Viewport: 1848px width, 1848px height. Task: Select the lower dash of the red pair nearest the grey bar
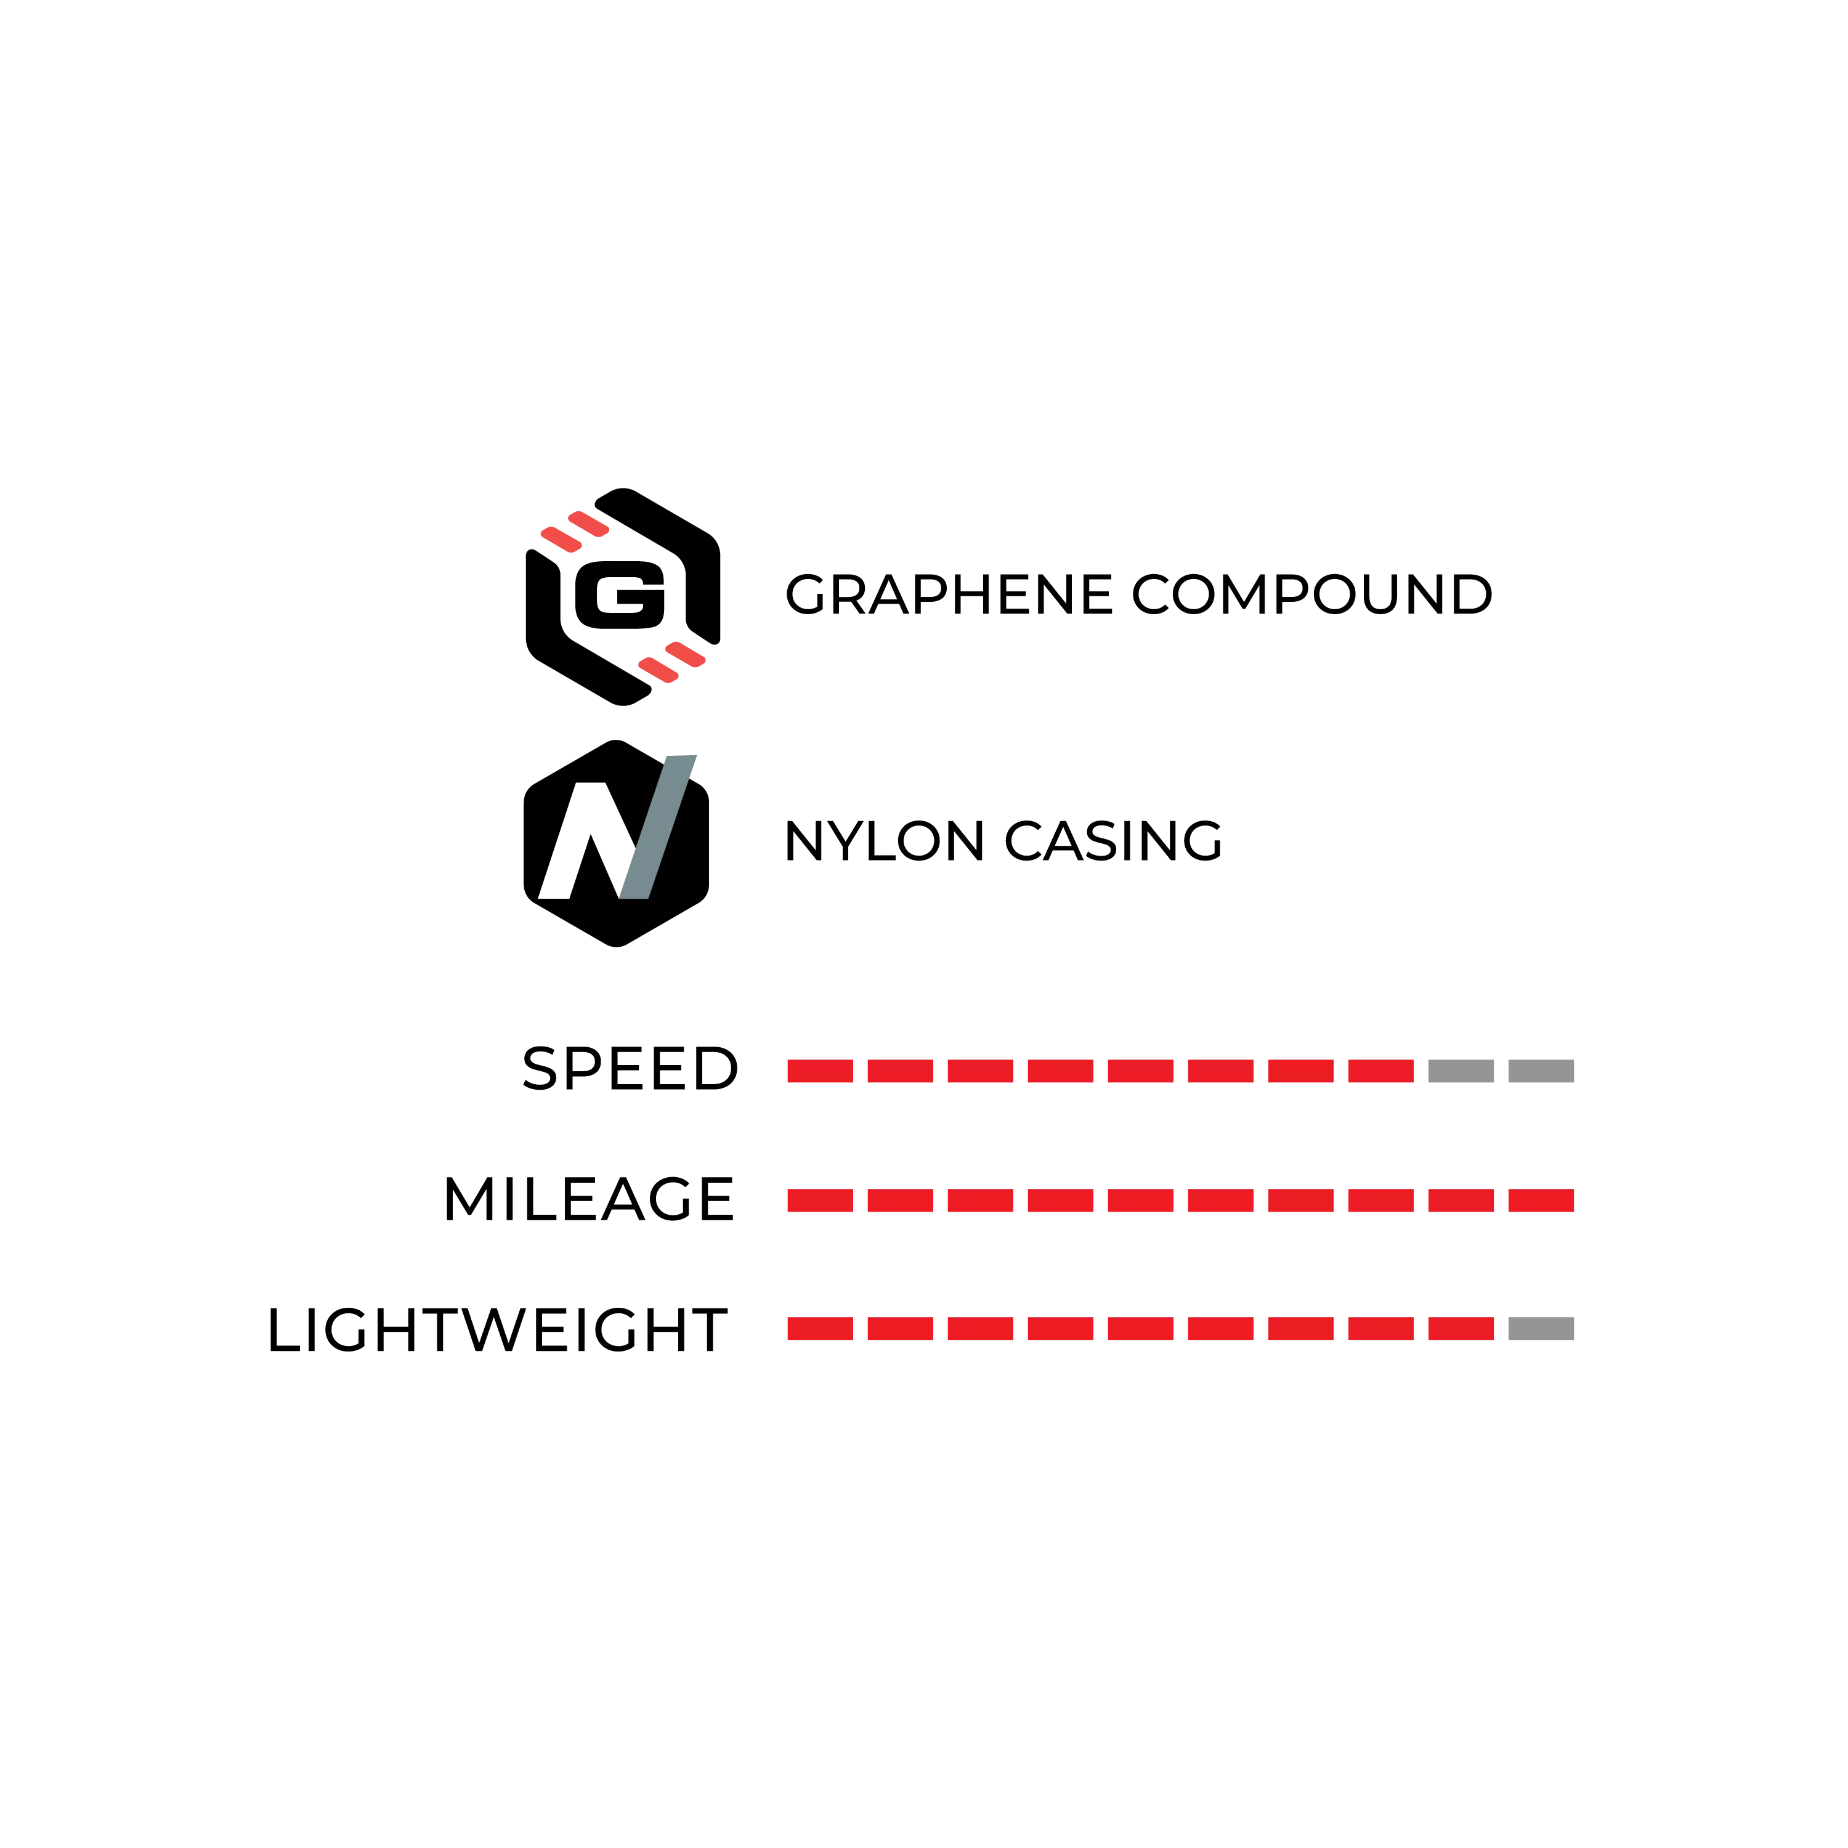(658, 670)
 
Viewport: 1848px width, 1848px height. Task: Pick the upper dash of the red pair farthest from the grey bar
(588, 522)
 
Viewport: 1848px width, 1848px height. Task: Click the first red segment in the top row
(821, 1071)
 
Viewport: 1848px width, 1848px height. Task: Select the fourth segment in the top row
(1060, 1071)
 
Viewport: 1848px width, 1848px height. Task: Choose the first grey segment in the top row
(1461, 1071)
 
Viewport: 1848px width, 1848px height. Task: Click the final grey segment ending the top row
(1542, 1071)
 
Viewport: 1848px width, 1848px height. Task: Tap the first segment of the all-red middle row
(821, 1199)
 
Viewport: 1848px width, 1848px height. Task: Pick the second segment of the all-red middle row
(901, 1199)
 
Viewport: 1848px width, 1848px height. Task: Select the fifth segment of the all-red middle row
(1140, 1199)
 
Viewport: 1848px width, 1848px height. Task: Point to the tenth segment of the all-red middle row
(1542, 1199)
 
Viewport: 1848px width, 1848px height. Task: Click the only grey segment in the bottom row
(1542, 1327)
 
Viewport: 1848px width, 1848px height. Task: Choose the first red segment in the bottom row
(821, 1327)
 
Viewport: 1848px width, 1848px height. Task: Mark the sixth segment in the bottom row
(1222, 1327)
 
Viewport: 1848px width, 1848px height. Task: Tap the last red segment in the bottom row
(1461, 1327)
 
